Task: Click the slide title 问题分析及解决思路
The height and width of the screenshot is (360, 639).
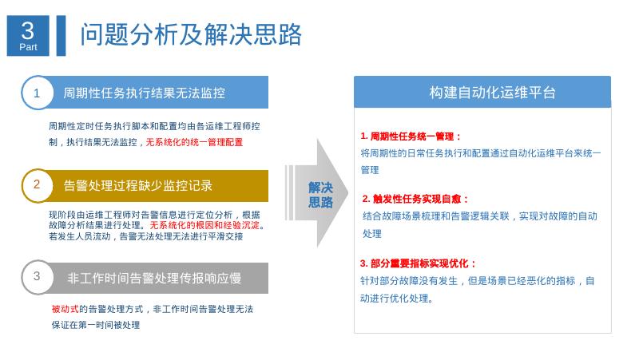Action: [192, 35]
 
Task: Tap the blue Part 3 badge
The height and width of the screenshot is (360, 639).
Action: [28, 36]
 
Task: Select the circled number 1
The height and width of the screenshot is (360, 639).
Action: [37, 93]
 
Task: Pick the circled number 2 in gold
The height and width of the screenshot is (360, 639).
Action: [37, 185]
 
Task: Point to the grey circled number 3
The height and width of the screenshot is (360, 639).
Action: [37, 277]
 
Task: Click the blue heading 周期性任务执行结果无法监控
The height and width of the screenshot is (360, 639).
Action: [145, 93]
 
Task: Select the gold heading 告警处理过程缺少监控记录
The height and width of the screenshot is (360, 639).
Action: [138, 186]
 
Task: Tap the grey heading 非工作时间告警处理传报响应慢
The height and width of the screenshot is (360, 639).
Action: [154, 278]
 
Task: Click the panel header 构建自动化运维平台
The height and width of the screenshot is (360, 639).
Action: [482, 93]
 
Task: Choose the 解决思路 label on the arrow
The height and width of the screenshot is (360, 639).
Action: [320, 195]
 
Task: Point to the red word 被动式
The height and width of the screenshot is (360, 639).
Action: [65, 309]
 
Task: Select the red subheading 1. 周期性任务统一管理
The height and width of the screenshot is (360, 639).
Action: [411, 136]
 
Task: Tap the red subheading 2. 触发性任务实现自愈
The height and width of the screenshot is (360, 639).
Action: [416, 199]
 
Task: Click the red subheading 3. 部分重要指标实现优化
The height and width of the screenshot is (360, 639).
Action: [419, 263]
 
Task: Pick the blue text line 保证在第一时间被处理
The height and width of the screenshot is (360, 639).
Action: [96, 325]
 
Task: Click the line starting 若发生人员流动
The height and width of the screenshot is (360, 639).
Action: [145, 236]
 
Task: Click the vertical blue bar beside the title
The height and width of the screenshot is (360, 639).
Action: [61, 36]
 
